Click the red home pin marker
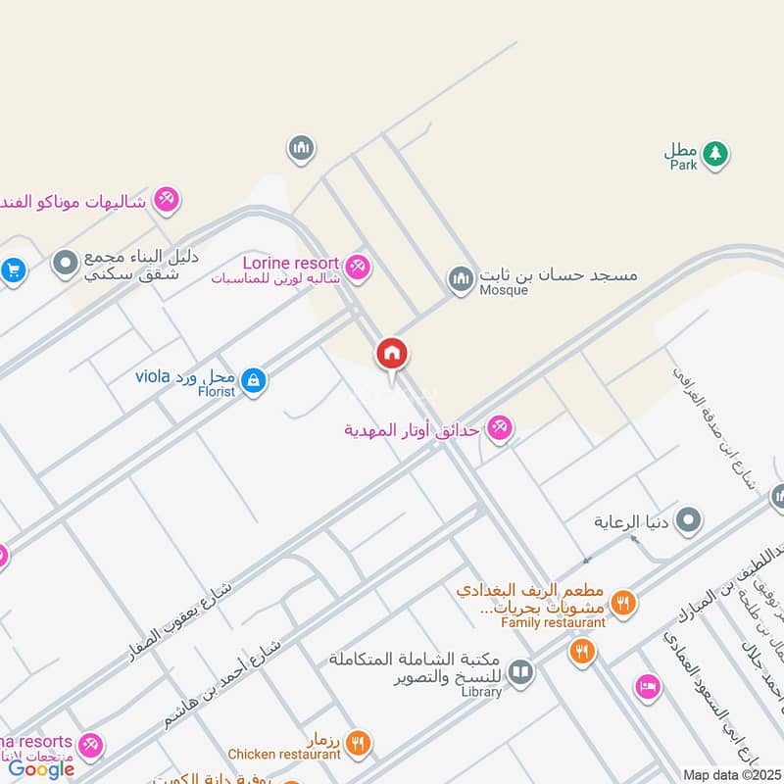coord(392,354)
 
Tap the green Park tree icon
coord(715,153)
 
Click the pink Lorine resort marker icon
coord(359,266)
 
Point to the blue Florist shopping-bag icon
coord(253,380)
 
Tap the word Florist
coord(216,392)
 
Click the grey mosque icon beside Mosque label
coord(462,279)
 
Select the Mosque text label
coord(504,291)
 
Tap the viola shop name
coord(153,376)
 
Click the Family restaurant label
coord(553,621)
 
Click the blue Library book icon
coord(520,671)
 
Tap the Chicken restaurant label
coord(283,755)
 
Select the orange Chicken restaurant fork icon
coord(358,744)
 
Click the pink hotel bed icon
coord(647,686)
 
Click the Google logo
coord(41,769)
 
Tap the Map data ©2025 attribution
coord(730,774)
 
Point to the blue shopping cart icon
coord(12,268)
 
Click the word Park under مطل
coord(683,166)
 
